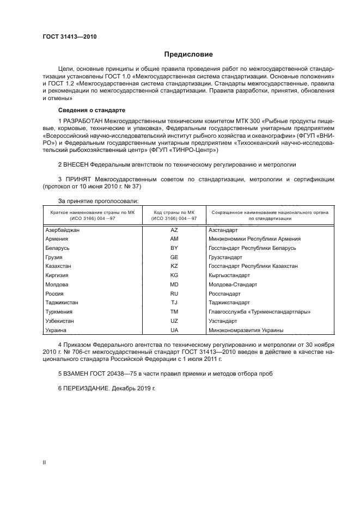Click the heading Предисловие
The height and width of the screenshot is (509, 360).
click(188, 54)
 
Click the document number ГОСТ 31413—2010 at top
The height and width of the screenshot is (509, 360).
click(70, 37)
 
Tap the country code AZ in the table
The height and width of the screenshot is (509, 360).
click(174, 230)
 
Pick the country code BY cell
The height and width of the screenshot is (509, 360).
click(174, 248)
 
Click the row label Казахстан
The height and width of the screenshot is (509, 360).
click(59, 266)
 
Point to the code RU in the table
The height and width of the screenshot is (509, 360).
click(174, 293)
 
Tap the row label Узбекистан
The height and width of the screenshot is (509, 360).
click(60, 321)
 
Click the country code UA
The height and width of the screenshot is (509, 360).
click(174, 330)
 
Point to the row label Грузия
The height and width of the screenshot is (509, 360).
click(54, 256)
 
